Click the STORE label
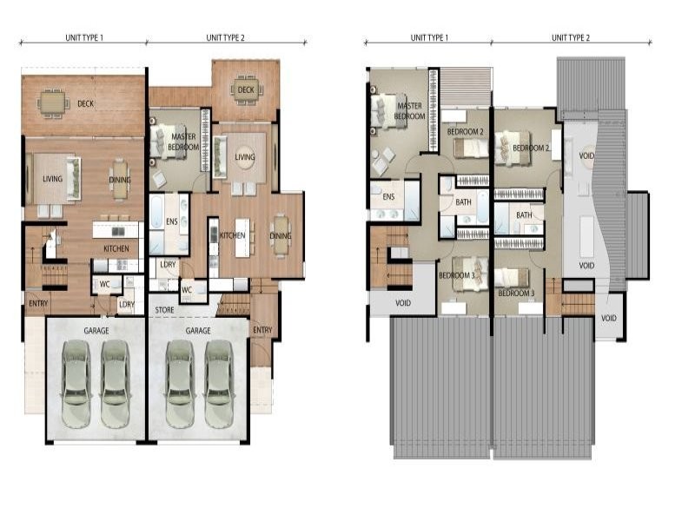(x=164, y=310)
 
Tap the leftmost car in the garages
(x=76, y=384)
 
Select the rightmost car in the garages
(x=219, y=384)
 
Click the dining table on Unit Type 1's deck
(x=53, y=103)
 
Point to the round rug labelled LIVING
(x=245, y=157)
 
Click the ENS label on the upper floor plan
(x=388, y=197)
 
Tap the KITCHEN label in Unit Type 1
(x=116, y=248)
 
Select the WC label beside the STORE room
(x=187, y=290)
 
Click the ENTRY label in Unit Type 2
(x=262, y=330)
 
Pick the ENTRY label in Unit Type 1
(x=38, y=303)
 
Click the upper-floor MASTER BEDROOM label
(x=409, y=111)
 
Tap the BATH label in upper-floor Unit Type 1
(x=463, y=202)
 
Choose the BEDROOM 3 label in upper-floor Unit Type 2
(x=516, y=293)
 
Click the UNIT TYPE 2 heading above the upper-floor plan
(x=571, y=37)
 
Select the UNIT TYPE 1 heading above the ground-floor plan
(x=83, y=37)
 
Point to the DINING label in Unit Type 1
(x=120, y=180)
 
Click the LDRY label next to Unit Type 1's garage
(x=127, y=305)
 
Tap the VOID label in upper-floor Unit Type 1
(x=402, y=303)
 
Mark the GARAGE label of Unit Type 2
(x=198, y=331)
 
